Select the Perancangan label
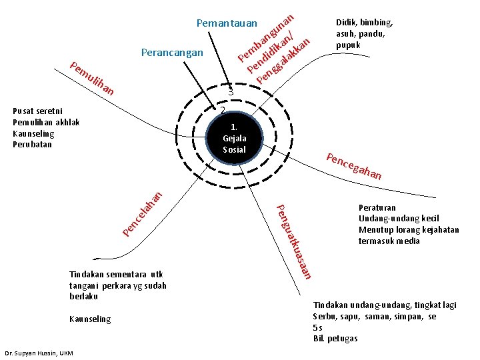[172, 51]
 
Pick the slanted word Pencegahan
[353, 167]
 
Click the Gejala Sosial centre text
[234, 138]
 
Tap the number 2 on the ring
[223, 109]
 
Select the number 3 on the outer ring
[229, 91]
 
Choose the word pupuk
[348, 45]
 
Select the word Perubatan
[33, 144]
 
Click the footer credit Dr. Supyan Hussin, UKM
[39, 352]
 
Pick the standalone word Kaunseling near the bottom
[90, 319]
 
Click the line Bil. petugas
[335, 339]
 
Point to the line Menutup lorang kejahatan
[409, 230]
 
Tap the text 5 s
[318, 328]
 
